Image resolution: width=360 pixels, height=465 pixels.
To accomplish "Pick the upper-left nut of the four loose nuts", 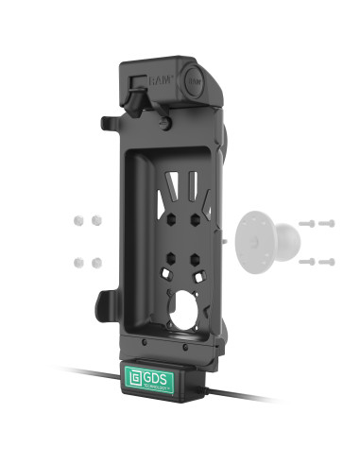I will point(77,219).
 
